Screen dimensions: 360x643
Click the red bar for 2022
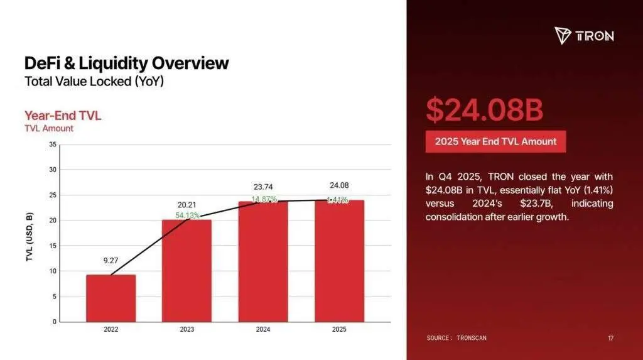(x=111, y=298)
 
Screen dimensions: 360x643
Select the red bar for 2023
(x=186, y=271)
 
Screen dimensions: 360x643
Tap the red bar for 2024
(x=263, y=261)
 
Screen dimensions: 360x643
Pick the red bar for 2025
(x=339, y=261)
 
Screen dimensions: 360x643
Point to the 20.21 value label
(x=186, y=204)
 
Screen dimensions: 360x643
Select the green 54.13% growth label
(x=188, y=215)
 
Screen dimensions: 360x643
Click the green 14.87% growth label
(x=264, y=199)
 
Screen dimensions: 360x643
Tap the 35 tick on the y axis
(x=53, y=145)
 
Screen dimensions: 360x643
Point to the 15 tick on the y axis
(x=53, y=246)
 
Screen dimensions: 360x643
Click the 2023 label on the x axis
(x=186, y=329)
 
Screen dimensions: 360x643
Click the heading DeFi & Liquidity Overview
(x=126, y=63)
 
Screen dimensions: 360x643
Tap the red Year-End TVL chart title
(x=62, y=116)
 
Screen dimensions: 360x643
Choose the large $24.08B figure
(x=484, y=110)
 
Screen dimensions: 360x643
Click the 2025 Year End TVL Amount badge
(x=495, y=141)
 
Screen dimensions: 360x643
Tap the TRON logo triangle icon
(x=563, y=35)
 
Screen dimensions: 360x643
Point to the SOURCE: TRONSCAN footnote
(x=457, y=338)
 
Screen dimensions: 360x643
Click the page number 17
(x=610, y=339)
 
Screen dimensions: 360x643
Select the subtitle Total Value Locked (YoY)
(x=95, y=82)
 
